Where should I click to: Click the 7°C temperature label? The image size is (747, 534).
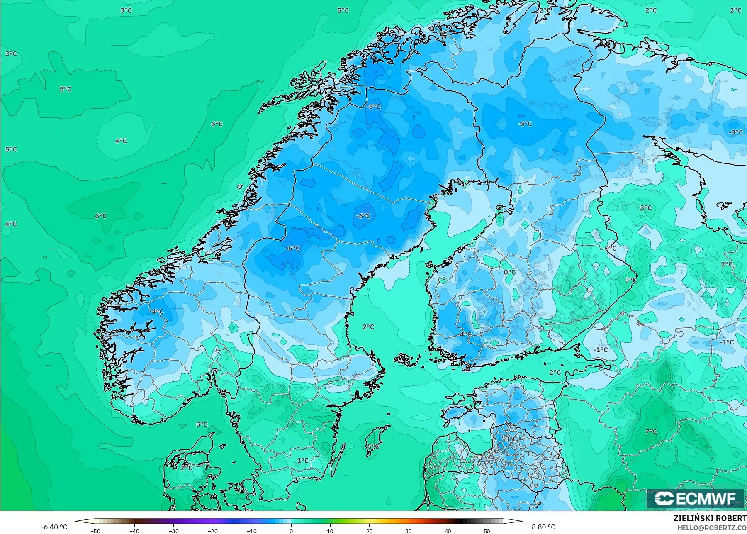pos(651,432)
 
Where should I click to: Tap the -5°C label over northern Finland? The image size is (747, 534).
pos(525,124)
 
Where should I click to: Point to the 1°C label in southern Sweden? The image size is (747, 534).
pos(302,461)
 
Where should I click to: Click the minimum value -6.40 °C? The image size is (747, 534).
pos(54,527)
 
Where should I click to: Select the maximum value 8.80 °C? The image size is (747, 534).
pos(543,527)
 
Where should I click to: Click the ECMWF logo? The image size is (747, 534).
pos(695,498)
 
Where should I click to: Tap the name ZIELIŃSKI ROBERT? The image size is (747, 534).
pos(710,519)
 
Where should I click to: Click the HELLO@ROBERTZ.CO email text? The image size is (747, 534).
pos(712,528)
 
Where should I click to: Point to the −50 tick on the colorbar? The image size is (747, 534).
pos(95,531)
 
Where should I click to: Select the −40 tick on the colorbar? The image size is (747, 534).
pos(134,531)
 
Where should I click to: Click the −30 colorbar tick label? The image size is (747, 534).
pos(173,531)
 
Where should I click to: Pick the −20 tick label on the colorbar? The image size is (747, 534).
pos(212,531)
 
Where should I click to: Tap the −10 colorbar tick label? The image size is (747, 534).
pos(252,531)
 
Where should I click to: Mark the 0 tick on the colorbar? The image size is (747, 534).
pos(291,531)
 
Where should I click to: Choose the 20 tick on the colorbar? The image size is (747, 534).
pos(369,531)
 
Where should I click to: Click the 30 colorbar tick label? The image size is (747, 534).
pos(409,531)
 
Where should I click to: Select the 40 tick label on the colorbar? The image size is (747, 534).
pos(448,531)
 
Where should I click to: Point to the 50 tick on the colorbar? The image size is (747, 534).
pos(487,531)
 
